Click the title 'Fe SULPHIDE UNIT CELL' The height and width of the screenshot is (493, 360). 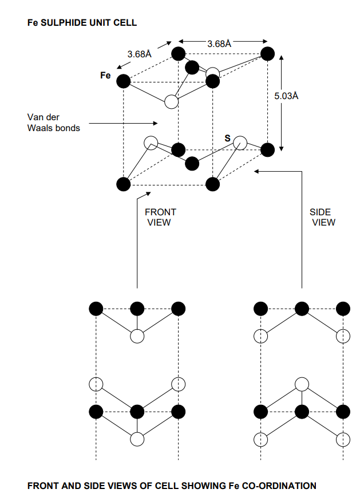click(x=82, y=23)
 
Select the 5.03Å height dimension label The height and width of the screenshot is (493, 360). click(x=287, y=96)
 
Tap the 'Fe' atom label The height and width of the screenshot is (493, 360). click(x=105, y=75)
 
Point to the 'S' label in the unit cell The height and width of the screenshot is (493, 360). click(x=227, y=138)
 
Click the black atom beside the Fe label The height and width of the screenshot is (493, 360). click(x=123, y=81)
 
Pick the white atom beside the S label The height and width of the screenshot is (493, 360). click(x=240, y=142)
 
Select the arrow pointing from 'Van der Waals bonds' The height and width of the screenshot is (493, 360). click(x=123, y=123)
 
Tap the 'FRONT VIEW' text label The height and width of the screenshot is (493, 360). click(x=160, y=217)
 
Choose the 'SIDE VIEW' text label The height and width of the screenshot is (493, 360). click(x=323, y=217)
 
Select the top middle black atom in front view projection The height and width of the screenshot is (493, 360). click(x=137, y=309)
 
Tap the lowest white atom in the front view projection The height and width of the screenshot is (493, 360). click(x=137, y=439)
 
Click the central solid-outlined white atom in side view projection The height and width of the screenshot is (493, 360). click(x=302, y=384)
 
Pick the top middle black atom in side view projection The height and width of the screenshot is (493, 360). click(x=302, y=309)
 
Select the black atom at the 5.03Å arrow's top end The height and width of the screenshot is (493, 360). click(x=267, y=54)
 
